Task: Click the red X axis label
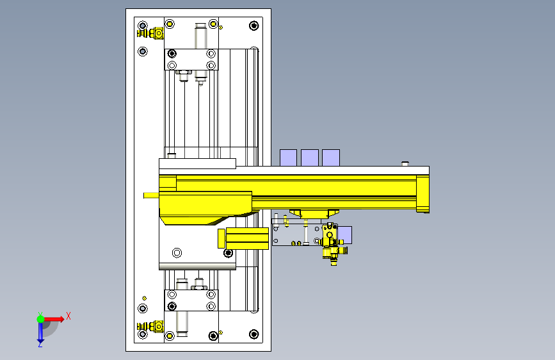coord(68,316)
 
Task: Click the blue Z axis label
coord(40,344)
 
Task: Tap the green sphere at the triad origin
coord(40,319)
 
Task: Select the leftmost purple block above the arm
coord(288,158)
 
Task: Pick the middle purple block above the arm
coord(310,158)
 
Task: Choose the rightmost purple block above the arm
coord(331,158)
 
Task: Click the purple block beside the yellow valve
coord(345,235)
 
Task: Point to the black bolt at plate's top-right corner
coord(253,26)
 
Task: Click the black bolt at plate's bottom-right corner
coord(253,334)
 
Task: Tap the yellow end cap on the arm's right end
coord(422,194)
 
